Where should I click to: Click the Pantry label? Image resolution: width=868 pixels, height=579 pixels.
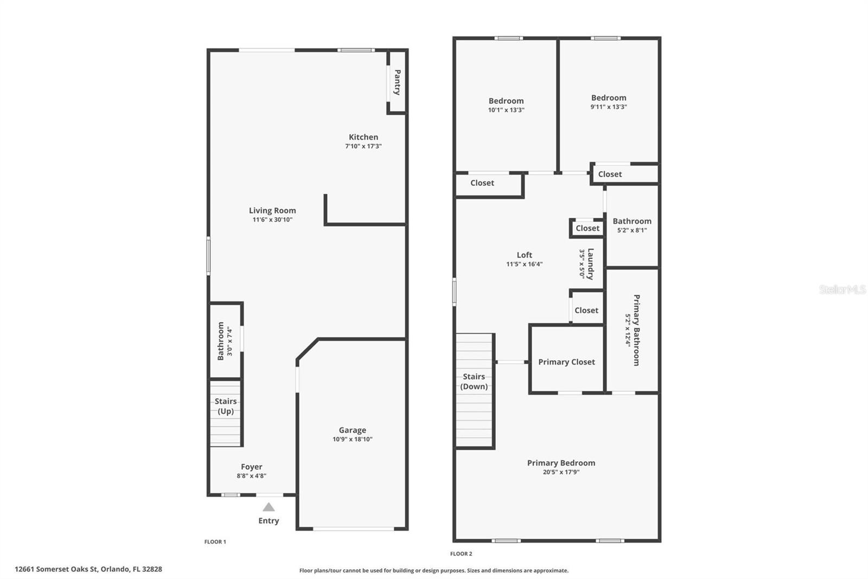click(x=397, y=82)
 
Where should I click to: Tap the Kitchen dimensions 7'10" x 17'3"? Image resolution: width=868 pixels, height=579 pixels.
click(x=363, y=146)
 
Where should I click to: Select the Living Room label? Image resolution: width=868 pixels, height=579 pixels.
click(x=272, y=210)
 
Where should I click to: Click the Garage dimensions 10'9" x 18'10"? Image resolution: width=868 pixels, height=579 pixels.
click(x=353, y=439)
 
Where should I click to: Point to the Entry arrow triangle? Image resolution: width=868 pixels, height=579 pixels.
click(x=269, y=507)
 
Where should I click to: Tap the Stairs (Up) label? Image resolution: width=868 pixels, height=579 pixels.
click(x=226, y=406)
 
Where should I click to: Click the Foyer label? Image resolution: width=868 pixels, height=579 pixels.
click(x=251, y=467)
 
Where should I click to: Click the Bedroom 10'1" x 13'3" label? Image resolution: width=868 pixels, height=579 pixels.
click(x=506, y=101)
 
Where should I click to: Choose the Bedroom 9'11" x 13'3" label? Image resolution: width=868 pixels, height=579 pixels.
click(x=609, y=98)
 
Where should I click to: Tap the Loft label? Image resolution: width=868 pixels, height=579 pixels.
click(x=524, y=255)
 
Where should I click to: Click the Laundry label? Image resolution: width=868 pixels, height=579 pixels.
click(x=590, y=263)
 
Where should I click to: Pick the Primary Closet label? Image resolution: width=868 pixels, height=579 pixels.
click(x=566, y=362)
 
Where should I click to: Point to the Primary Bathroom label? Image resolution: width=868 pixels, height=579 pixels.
click(x=636, y=330)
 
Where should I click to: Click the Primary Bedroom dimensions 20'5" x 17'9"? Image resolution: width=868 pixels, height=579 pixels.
click(x=561, y=472)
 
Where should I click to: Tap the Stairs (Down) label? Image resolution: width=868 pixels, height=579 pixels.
click(x=474, y=381)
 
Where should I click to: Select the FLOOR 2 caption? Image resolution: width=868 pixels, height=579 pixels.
click(x=461, y=554)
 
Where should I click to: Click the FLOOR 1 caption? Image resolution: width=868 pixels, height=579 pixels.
click(x=215, y=542)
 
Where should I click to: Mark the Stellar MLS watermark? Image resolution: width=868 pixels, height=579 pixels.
click(x=842, y=289)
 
